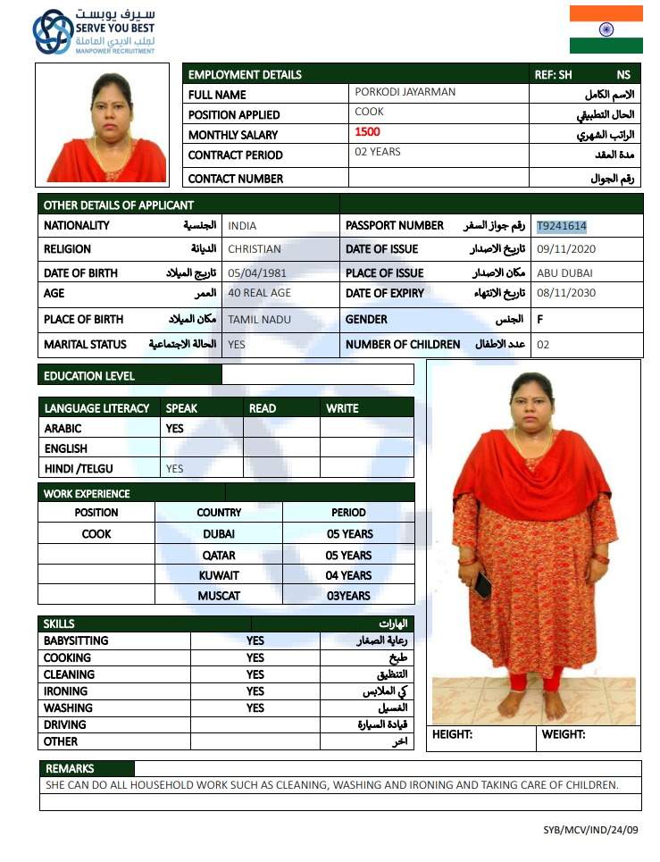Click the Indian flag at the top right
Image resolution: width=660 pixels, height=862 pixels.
point(606,29)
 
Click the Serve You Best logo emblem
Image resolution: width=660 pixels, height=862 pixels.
point(53,32)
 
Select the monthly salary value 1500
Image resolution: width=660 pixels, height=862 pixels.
point(367,132)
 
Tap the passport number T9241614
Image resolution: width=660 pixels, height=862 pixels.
point(562,226)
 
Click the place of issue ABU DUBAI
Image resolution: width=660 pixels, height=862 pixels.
point(564,272)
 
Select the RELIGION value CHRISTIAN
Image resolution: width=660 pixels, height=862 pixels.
point(255,249)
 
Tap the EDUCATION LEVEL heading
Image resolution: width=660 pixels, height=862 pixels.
point(89,376)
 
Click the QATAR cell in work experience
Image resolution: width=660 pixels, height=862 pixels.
point(219,555)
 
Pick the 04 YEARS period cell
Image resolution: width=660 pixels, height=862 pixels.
point(348,575)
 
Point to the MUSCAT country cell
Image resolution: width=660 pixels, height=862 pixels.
point(219,596)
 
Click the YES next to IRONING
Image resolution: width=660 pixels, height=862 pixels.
point(255,690)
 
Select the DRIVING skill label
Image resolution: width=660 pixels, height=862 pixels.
point(65,724)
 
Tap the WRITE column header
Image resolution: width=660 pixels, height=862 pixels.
point(342,408)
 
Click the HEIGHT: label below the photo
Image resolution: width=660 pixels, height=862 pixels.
point(452,734)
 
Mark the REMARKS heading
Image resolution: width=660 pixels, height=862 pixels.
point(70,768)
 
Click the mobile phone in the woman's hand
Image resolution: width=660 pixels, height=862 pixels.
point(483,586)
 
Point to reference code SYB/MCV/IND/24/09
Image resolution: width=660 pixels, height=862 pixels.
point(590,830)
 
